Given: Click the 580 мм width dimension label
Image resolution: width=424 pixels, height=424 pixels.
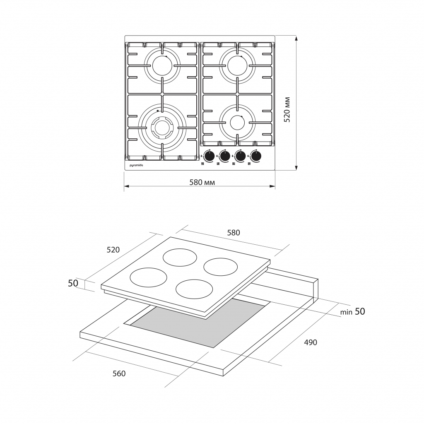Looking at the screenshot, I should point(202,183).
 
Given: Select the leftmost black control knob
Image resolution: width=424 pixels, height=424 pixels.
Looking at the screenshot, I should point(210,156).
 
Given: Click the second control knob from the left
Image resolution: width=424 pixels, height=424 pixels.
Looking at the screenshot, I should point(225,156).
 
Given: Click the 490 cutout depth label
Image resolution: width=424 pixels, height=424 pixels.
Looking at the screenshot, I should point(310,342).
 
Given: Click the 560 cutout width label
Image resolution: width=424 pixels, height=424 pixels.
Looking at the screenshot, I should point(119,373).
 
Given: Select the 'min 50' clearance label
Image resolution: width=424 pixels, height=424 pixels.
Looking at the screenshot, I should point(353,312).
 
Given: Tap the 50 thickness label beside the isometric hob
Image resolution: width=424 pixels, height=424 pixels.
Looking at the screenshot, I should point(73,283).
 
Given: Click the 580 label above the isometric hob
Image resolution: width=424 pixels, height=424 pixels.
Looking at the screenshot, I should point(233,233).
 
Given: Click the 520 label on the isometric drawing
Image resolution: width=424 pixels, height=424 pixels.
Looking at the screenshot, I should point(113,250).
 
